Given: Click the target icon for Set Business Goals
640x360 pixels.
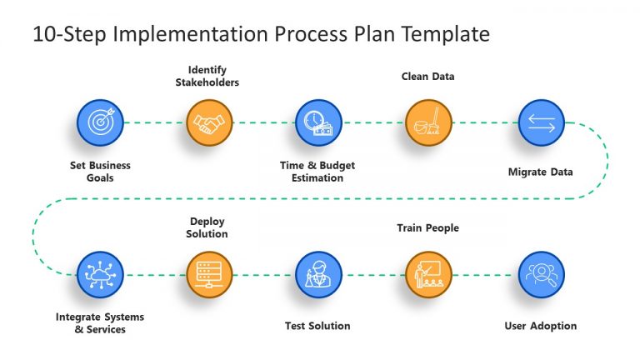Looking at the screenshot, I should tap(100, 122).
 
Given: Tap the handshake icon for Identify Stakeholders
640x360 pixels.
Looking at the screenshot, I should tap(209, 122).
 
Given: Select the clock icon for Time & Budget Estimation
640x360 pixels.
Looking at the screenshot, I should tap(318, 122).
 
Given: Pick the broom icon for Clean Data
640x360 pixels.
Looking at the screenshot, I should tap(428, 122).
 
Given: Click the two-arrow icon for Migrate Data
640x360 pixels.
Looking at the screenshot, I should tap(541, 122).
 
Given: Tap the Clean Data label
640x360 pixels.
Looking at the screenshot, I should tap(427, 77).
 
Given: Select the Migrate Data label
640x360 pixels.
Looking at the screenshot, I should tap(540, 172).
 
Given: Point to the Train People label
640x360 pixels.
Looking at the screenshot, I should tap(427, 227).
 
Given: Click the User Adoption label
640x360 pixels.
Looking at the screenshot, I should tap(540, 326).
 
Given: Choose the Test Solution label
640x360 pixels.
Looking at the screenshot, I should tap(317, 326).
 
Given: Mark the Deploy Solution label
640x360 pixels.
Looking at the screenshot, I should tap(207, 227).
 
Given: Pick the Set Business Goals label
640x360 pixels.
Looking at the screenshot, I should tap(100, 172).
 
